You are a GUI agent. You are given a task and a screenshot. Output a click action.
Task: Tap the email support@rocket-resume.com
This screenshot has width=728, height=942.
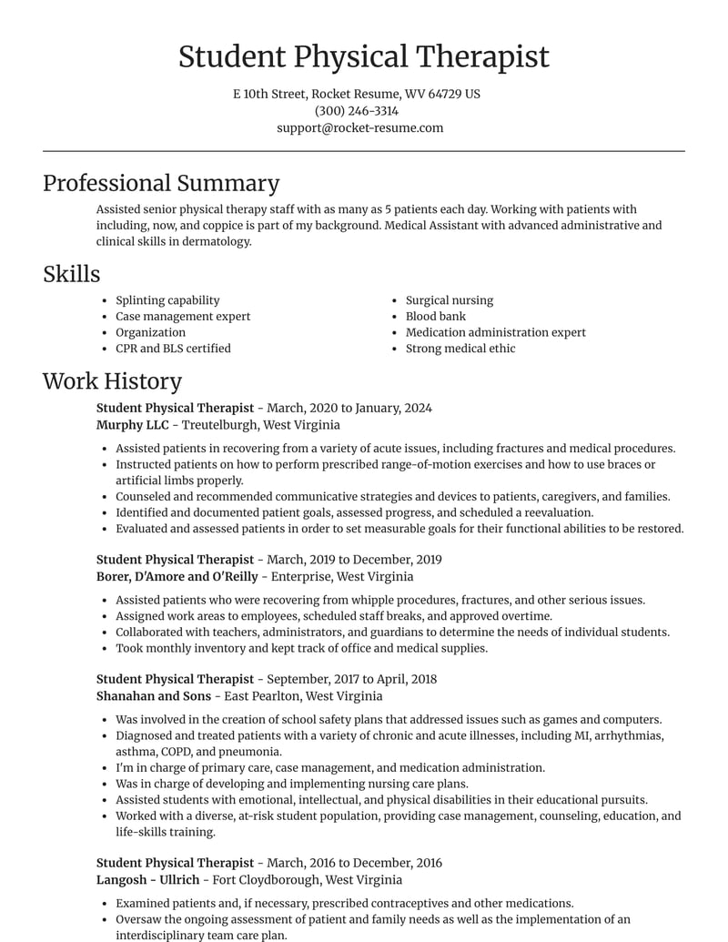tap(360, 128)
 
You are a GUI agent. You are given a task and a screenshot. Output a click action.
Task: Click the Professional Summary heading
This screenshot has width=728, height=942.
tap(161, 183)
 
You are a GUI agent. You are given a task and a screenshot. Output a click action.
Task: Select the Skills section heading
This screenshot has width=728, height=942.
tap(71, 274)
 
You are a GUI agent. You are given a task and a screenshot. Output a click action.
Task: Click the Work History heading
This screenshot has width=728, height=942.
tap(112, 381)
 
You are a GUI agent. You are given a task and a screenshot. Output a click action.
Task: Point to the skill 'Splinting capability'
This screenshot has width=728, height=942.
tap(167, 300)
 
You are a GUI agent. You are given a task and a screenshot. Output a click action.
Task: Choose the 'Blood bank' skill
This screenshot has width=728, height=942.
tap(435, 317)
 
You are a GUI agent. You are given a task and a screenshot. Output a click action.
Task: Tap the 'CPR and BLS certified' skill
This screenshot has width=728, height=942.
tap(173, 349)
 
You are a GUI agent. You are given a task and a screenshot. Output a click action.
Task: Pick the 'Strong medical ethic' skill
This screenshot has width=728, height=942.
tap(460, 349)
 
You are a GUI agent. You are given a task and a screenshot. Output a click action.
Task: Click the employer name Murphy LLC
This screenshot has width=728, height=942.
tap(132, 425)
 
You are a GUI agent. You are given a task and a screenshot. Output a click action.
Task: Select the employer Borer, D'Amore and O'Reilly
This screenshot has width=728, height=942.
tap(177, 576)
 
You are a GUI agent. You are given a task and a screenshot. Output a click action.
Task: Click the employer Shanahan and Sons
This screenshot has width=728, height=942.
tap(154, 696)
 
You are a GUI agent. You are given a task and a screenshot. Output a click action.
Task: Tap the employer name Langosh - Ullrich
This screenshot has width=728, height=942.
tap(147, 880)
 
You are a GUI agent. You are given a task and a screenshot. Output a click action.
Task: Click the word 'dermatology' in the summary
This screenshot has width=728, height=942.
tap(216, 242)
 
